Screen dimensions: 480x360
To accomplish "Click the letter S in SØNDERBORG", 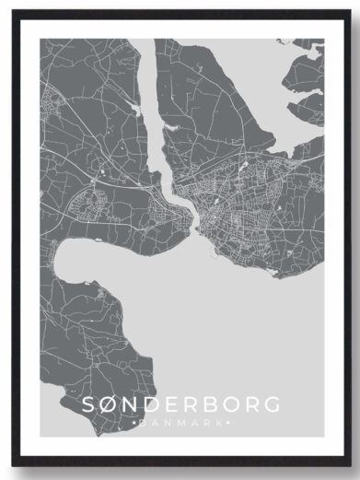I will [88, 404].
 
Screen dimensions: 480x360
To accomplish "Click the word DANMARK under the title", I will [180, 422].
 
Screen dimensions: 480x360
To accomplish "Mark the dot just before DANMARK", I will [135, 422].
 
